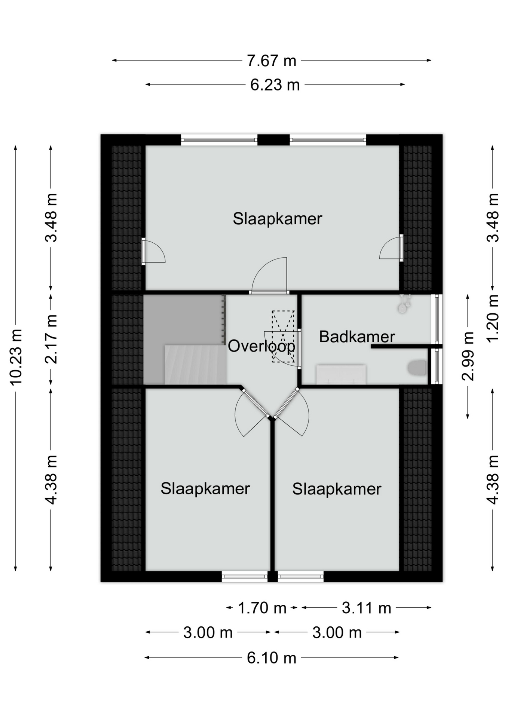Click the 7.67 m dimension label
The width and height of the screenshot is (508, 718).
271,61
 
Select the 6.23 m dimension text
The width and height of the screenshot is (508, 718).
275,85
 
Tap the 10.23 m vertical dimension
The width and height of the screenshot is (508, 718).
16,357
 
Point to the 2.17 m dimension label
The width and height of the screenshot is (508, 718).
51,339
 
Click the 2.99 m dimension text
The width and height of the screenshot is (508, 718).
468,356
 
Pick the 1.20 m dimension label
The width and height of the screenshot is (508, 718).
493,318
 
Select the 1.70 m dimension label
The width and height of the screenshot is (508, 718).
262,608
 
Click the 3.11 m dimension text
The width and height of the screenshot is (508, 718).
366,608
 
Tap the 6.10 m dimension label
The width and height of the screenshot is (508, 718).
271,658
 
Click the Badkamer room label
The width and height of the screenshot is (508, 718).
357,337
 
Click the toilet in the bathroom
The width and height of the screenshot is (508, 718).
417,368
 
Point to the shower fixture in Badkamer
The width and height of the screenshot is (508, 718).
404,303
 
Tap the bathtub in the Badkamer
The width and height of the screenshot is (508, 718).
341,374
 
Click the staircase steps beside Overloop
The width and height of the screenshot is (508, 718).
195,365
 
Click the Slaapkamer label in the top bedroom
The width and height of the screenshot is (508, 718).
277,219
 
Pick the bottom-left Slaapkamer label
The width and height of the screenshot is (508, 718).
205,489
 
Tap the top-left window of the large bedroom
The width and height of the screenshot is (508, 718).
220,140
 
